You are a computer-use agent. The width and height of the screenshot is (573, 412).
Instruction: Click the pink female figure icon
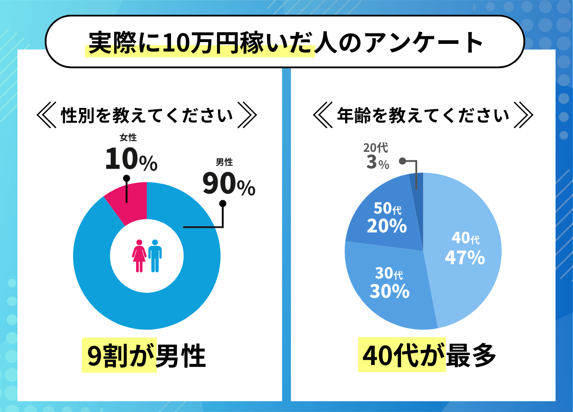139,256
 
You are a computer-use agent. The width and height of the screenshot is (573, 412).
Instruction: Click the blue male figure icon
155,256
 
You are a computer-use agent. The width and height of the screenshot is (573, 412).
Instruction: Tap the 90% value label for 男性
229,184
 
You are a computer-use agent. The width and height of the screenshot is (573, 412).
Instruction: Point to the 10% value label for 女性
131,159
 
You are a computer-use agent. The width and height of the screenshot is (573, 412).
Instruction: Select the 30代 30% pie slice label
389,283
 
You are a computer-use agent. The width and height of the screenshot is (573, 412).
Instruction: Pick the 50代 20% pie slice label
386,218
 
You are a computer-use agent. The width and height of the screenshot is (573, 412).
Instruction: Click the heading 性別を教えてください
147,116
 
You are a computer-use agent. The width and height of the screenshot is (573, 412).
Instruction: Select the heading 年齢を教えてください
423,116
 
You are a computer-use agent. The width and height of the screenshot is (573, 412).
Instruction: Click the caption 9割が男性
144,356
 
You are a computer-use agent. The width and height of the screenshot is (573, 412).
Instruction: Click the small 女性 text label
128,138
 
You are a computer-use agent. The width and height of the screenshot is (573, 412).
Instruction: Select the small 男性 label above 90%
224,162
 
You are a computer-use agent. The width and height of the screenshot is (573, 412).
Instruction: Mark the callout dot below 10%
126,178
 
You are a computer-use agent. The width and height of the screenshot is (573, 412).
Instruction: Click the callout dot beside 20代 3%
402,160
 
